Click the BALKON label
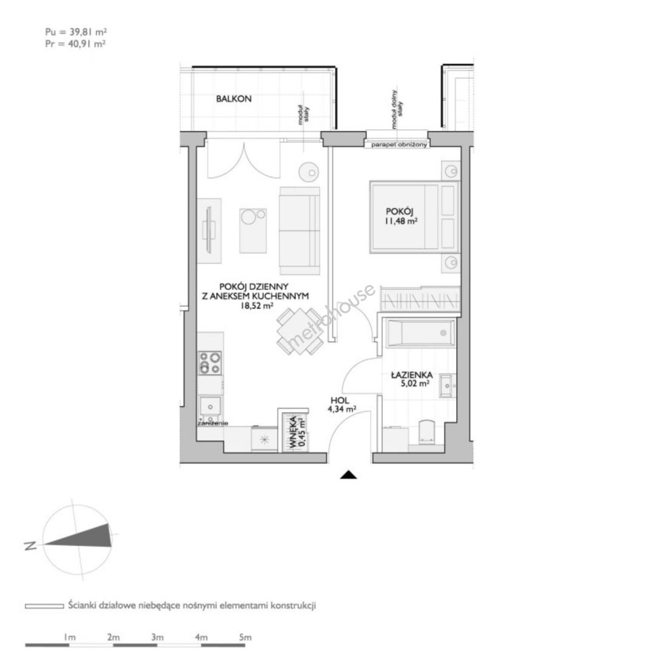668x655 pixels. coord(234,99)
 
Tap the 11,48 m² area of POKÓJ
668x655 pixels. coord(401,221)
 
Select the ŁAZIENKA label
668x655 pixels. coord(412,375)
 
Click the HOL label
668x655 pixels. coord(340,400)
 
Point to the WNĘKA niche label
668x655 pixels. coord(293,432)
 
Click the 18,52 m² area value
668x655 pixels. coord(257,305)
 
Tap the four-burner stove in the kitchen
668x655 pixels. coord(210,363)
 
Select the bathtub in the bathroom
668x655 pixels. coord(420,333)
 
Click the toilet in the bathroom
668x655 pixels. coord(426,432)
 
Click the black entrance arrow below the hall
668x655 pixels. coord(348,475)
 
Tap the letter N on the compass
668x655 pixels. coord(30,546)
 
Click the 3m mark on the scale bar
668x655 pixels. coord(157,637)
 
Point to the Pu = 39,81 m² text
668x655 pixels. coord(76,32)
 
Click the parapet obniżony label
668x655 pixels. coord(399,145)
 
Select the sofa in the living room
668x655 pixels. coord(300,231)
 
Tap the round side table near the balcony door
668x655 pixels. coord(309,172)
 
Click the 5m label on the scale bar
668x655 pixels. coord(245,637)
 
